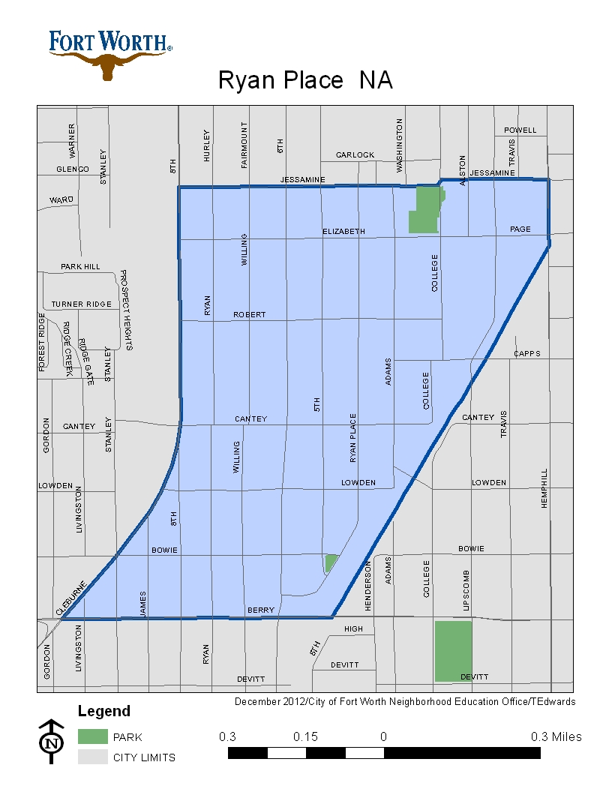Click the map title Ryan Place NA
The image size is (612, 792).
pyautogui.click(x=305, y=80)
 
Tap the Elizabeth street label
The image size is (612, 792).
pyautogui.click(x=343, y=231)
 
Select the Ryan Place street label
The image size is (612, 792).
pyautogui.click(x=352, y=437)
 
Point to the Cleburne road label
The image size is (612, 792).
pyautogui.click(x=72, y=598)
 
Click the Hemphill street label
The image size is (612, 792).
pyautogui.click(x=544, y=489)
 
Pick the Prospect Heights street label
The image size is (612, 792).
pyautogui.click(x=125, y=310)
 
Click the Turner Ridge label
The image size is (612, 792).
pyautogui.click(x=81, y=304)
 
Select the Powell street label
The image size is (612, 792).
pyautogui.click(x=520, y=130)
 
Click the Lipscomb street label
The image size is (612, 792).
pyautogui.click(x=466, y=590)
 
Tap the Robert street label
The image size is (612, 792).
pyautogui.click(x=249, y=314)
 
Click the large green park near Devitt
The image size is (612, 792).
pyautogui.click(x=454, y=650)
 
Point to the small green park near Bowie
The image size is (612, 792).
pyautogui.click(x=330, y=562)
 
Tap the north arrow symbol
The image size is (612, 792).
pyautogui.click(x=51, y=742)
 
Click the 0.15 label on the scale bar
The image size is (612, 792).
pyautogui.click(x=306, y=736)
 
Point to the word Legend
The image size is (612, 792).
pyautogui.click(x=104, y=711)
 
